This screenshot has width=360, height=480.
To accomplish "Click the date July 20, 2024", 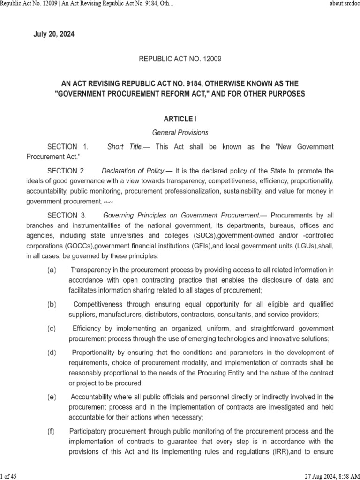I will tap(53, 34).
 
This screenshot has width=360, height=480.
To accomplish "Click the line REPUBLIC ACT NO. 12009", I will tap(180, 59).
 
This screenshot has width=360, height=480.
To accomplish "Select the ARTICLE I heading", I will tap(180, 119).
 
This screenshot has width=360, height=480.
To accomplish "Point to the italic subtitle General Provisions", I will tap(180, 133).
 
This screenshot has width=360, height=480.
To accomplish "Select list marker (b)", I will tap(52, 304).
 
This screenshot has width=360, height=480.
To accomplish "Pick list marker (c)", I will tap(52, 328).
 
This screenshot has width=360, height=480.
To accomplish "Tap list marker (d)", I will tap(52, 352).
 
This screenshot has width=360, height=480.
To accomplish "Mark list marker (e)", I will tap(52, 397).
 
